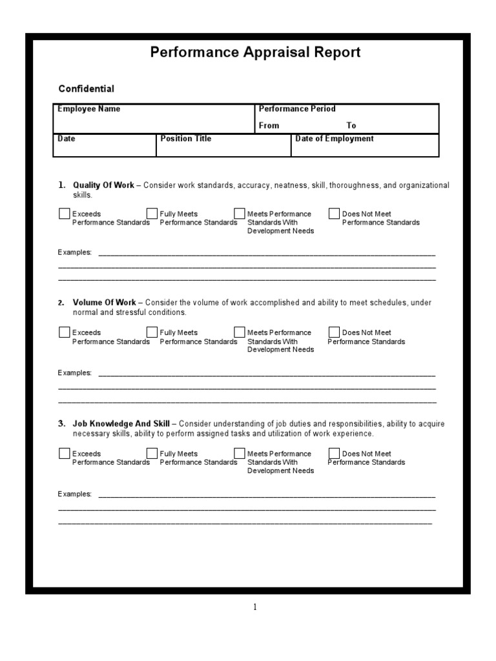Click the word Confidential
[x=87, y=88]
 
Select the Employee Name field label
[x=89, y=109]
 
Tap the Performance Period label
[x=297, y=109]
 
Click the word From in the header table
[x=269, y=126]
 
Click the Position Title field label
[x=186, y=139]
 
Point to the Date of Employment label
[x=335, y=139]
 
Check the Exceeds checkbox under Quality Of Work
[x=65, y=214]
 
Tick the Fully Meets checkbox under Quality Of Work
[x=152, y=214]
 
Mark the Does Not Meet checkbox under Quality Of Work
[x=334, y=214]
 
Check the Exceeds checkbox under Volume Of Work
[x=65, y=332]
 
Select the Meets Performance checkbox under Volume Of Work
[x=240, y=332]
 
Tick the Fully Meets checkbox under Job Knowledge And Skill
[x=152, y=453]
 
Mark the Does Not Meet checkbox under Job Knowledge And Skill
[x=334, y=453]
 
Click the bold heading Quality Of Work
[x=104, y=185]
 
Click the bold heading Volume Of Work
[x=105, y=303]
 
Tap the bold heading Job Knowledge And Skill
[x=121, y=424]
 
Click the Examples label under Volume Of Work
[x=75, y=373]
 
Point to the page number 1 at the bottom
[x=254, y=607]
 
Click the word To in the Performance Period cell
[x=351, y=126]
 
